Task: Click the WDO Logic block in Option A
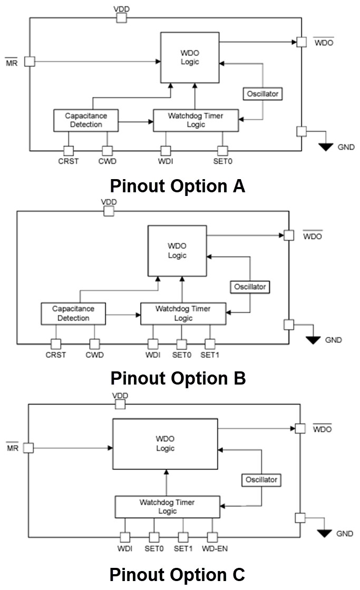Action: (x=189, y=57)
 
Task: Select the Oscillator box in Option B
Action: (x=250, y=287)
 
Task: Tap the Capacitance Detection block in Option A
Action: (x=85, y=120)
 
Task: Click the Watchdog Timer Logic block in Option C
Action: (x=167, y=507)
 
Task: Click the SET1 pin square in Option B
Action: (x=210, y=344)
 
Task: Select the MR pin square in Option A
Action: (x=30, y=61)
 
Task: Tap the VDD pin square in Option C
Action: (x=121, y=404)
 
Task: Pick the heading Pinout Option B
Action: (x=178, y=378)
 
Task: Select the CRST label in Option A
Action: (x=69, y=161)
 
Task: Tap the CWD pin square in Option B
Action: (x=95, y=344)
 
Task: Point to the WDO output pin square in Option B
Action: (x=288, y=235)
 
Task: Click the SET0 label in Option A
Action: (x=222, y=161)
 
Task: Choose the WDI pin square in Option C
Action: (x=125, y=537)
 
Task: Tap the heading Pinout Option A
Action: (x=178, y=186)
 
